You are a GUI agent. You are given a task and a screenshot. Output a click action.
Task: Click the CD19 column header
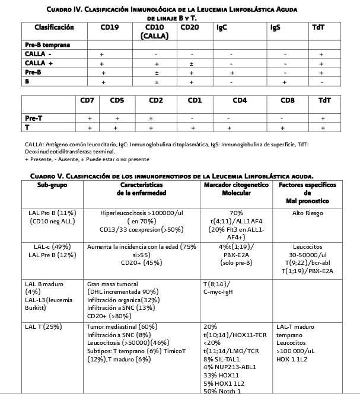tap(110, 27)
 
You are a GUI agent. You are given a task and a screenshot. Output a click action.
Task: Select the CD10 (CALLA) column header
tap(154, 31)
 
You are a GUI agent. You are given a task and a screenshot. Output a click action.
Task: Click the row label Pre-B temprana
tap(48, 45)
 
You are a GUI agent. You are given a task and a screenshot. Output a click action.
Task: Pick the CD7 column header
tap(88, 100)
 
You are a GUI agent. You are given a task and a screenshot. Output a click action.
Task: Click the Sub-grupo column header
tap(52, 185)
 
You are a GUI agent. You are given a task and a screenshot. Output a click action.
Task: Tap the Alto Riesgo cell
tap(306, 212)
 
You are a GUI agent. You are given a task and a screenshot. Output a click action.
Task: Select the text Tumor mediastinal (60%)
tap(122, 326)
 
